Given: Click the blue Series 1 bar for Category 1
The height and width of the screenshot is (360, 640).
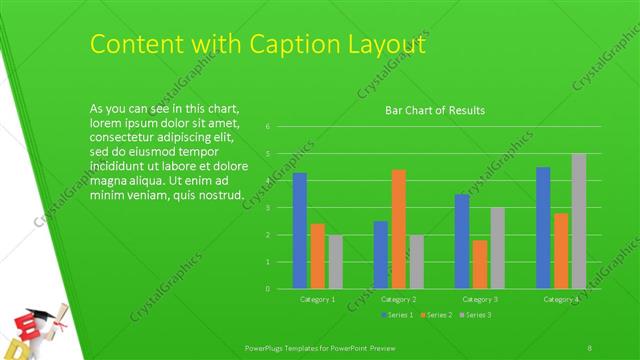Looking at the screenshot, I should click(x=299, y=230).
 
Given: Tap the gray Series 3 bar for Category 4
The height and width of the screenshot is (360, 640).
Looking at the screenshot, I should click(x=578, y=221).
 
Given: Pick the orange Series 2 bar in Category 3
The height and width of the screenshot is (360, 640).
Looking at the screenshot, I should click(x=480, y=264).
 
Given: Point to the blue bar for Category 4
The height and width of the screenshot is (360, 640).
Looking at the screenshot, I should click(x=543, y=227).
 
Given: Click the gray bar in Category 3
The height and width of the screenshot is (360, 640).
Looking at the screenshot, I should click(x=497, y=248).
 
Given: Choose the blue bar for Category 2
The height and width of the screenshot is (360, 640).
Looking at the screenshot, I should click(x=381, y=254).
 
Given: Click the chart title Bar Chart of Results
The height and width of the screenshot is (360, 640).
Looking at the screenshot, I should click(x=435, y=110).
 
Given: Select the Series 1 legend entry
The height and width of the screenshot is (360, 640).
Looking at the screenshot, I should click(x=397, y=315).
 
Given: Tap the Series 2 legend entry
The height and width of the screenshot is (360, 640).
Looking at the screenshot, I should click(x=435, y=315).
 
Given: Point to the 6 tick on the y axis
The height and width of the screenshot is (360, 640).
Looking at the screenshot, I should click(x=267, y=127).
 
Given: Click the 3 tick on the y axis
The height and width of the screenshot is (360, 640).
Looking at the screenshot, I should click(x=267, y=208).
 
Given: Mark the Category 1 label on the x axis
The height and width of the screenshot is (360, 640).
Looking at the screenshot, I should click(x=317, y=299).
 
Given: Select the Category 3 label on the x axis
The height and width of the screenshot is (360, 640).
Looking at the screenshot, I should click(x=479, y=299).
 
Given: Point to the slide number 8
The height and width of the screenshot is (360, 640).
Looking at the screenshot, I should click(x=591, y=346).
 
